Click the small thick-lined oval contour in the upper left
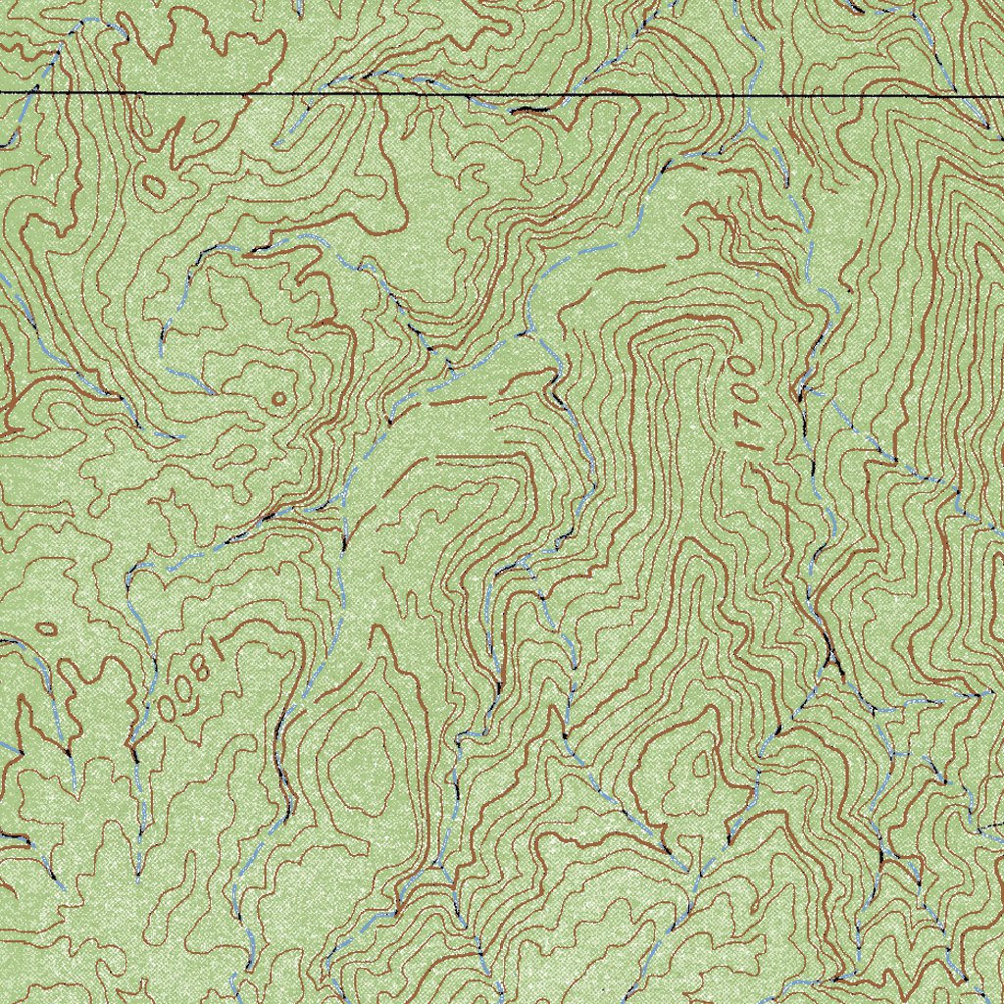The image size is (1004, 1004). coord(154,184)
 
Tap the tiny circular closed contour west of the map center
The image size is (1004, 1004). coord(277,398)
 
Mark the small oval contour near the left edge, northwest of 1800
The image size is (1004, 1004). coord(45,627)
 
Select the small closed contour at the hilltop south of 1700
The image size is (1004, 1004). coord(702,766)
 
